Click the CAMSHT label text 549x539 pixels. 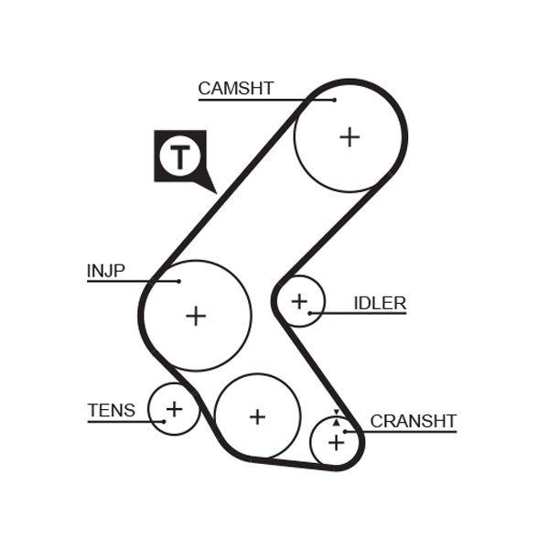235,89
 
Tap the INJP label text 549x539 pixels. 105,271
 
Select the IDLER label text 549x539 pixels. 380,303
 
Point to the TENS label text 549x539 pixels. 111,411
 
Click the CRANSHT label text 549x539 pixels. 413,421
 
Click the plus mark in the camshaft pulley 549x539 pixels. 350,136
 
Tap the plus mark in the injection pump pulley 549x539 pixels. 196,316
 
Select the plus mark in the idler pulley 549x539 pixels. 299,300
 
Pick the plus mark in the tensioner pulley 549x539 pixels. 174,408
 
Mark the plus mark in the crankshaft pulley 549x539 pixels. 336,443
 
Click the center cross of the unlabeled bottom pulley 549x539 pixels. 257,416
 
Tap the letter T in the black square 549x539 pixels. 179,156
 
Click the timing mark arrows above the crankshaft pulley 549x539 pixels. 336,417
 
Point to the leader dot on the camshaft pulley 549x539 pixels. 335,99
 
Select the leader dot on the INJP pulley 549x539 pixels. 179,281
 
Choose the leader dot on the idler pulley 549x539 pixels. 310,313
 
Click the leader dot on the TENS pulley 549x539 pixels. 166,421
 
